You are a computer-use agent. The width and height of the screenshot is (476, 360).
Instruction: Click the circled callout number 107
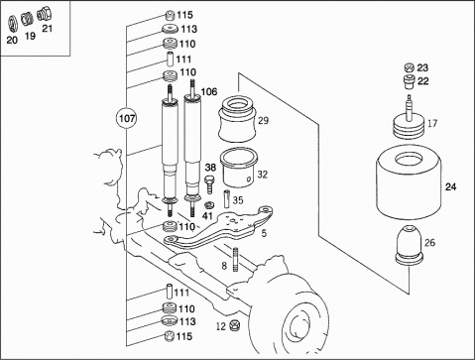tap(127, 118)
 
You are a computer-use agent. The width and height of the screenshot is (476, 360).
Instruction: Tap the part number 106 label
tap(209, 91)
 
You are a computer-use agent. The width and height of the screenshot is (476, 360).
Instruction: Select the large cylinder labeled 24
tap(409, 182)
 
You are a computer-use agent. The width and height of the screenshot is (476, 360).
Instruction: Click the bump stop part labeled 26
tap(410, 245)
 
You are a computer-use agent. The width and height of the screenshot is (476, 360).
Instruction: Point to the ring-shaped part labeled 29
tap(237, 119)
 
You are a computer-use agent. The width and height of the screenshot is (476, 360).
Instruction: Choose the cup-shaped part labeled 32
tap(239, 168)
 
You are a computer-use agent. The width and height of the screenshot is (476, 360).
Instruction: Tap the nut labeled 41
tap(208, 205)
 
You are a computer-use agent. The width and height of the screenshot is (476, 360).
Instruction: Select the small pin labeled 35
tap(226, 198)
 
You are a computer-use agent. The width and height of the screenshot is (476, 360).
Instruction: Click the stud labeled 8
tap(236, 259)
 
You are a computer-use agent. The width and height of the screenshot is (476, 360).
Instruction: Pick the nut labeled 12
tap(235, 325)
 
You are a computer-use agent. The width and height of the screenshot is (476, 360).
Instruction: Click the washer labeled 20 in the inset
tap(12, 24)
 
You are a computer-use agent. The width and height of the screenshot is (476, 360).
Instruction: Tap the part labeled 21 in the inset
tap(44, 14)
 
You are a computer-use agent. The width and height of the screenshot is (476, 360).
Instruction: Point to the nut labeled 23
tap(410, 67)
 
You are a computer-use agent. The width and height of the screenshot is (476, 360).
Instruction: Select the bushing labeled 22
tap(410, 81)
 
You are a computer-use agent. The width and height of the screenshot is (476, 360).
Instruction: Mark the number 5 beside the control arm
tap(264, 233)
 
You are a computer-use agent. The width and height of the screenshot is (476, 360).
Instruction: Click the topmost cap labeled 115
tap(170, 16)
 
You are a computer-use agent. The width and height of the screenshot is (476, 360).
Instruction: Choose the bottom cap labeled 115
tap(169, 336)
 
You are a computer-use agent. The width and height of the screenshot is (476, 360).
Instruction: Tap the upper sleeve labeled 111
tap(170, 60)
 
